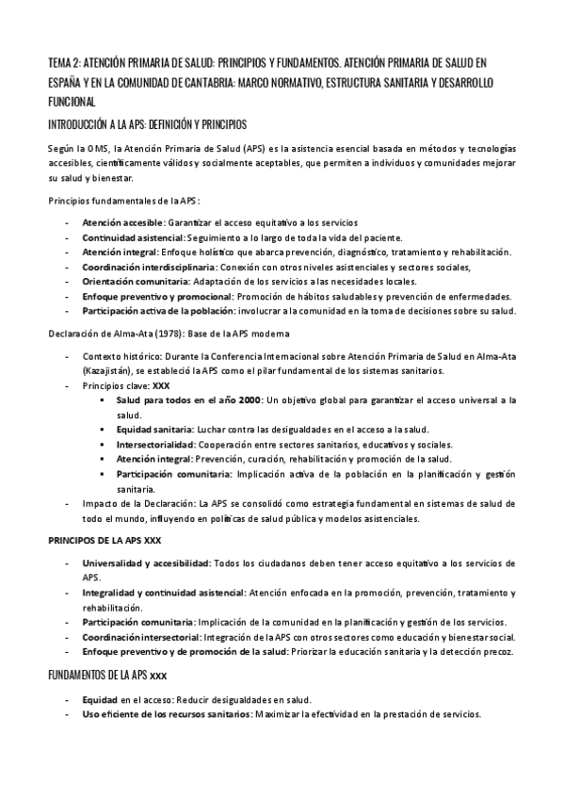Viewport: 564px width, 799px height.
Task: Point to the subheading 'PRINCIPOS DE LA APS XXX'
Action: pos(105,542)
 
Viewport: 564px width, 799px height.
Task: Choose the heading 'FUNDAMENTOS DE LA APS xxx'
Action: pos(109,677)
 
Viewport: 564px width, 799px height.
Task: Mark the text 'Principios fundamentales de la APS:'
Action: pos(124,201)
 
